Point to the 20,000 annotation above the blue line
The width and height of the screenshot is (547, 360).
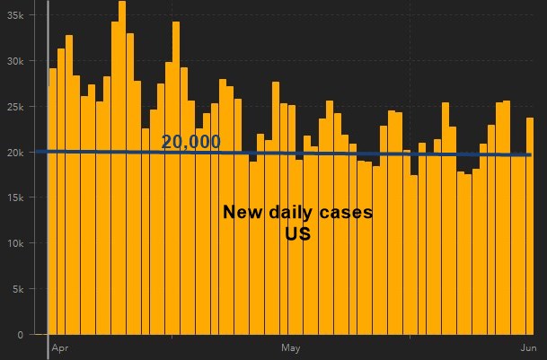pyautogui.click(x=190, y=142)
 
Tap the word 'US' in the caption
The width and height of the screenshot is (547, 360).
pyautogui.click(x=297, y=235)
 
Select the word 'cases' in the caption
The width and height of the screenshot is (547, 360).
pyautogui.click(x=345, y=214)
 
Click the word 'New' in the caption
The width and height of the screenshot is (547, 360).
pyautogui.click(x=241, y=214)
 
